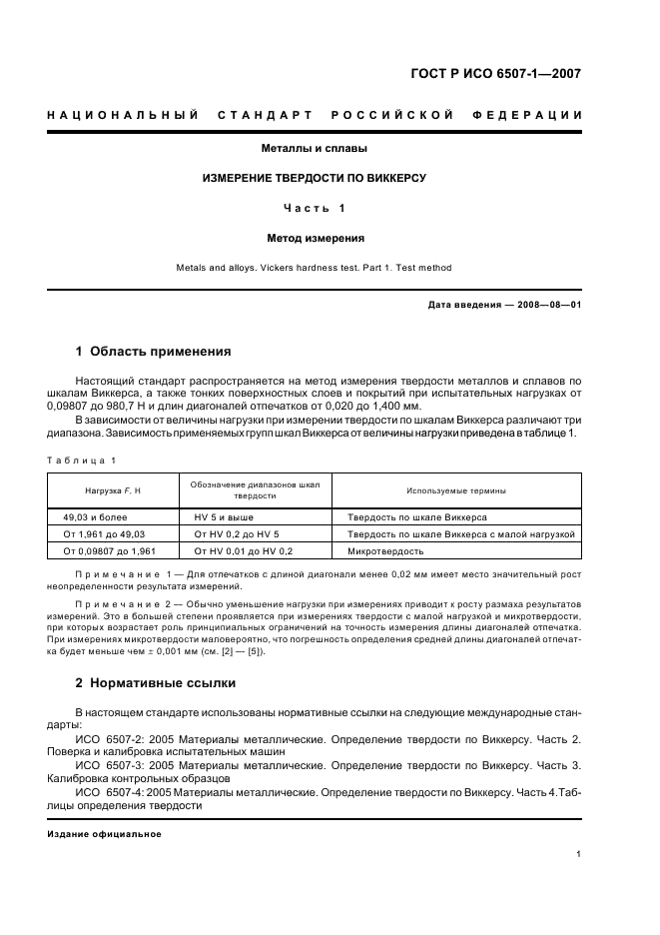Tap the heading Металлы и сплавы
tap(315, 148)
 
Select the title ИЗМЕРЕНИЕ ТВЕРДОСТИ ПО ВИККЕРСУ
tap(315, 178)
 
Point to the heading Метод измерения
tap(315, 239)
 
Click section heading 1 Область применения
tap(154, 352)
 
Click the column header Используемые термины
tap(455, 491)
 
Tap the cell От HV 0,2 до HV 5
tap(237, 534)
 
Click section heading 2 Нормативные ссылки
tap(157, 684)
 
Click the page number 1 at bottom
tap(578, 854)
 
